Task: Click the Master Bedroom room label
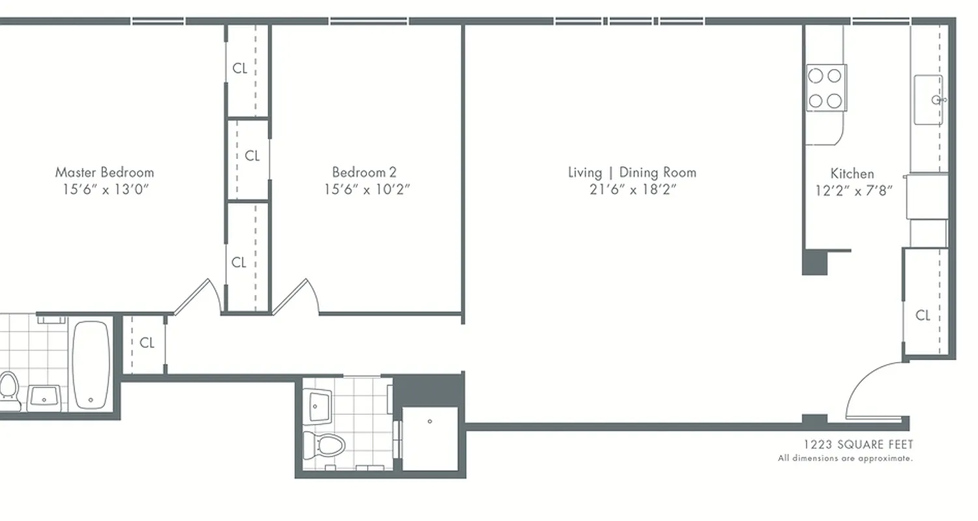pos(104,173)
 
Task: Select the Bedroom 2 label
pos(364,173)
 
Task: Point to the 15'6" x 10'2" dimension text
pos(366,190)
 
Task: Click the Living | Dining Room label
pos(632,173)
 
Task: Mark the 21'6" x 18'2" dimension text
pos(631,190)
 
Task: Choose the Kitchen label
pos(852,174)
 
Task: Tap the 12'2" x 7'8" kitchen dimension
pos(853,191)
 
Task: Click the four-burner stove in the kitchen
pos(825,88)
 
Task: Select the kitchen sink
pos(928,100)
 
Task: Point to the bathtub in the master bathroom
pos(90,365)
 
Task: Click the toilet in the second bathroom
pos(324,446)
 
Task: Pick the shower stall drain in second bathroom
pos(430,421)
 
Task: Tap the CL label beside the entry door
pos(923,316)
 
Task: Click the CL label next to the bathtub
pos(147,343)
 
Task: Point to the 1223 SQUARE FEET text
pos(858,445)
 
